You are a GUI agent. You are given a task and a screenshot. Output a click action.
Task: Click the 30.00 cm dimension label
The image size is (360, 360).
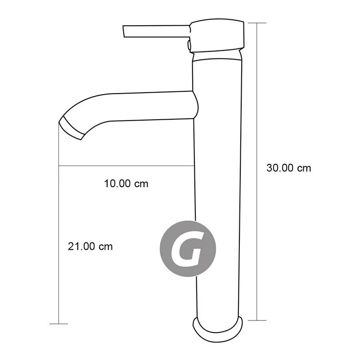coord(288,168)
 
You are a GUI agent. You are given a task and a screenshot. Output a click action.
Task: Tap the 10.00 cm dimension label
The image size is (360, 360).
coord(126,184)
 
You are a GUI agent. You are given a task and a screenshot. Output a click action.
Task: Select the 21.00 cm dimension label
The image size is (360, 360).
coord(90,247)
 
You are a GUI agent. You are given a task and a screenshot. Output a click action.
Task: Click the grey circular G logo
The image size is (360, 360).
coord(188,248)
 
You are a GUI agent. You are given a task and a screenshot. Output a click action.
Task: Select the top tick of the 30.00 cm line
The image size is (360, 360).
coord(256,23)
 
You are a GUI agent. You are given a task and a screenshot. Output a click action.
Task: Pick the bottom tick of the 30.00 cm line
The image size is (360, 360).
coord(256,320)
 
